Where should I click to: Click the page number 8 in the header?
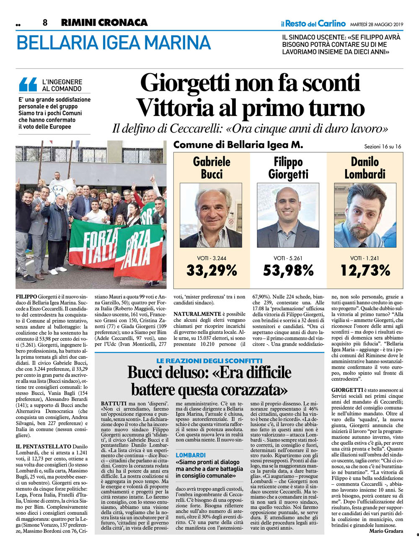tap(45, 23)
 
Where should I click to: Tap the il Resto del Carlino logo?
tap(313, 23)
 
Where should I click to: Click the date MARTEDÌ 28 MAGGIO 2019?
tap(376, 24)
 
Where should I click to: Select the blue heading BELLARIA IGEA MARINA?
tap(113, 43)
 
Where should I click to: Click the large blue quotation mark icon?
tap(28, 85)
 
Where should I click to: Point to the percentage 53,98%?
tap(288, 270)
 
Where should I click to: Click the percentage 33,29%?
tap(212, 270)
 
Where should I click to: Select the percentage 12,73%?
tap(365, 270)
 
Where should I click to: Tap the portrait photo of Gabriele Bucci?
tap(211, 215)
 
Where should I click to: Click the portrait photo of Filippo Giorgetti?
tap(288, 215)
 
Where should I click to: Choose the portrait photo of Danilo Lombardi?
tap(365, 215)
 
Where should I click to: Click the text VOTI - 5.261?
tap(288, 258)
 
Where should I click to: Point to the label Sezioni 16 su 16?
tap(383, 146)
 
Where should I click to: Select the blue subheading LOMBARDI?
tap(191, 455)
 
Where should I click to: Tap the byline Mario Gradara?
tap(386, 531)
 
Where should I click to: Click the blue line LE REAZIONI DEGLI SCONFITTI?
tap(209, 360)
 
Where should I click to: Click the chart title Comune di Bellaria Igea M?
tap(238, 145)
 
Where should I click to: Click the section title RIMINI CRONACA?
tap(104, 23)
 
